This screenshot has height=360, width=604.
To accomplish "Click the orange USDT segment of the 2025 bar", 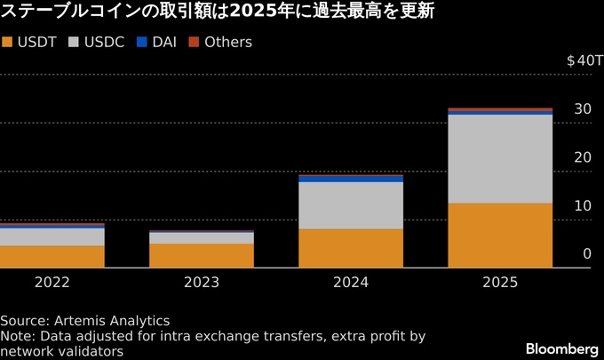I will [500, 235].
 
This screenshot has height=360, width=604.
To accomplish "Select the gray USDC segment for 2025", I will [500, 159].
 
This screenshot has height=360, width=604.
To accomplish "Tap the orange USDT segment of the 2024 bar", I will [351, 247].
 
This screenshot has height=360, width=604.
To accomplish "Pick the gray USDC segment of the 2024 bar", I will [351, 205].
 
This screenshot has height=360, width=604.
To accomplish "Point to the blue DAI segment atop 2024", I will [351, 179].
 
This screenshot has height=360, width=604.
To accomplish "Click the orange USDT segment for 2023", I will [202, 255].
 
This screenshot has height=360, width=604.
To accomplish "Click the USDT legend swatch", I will [8, 42].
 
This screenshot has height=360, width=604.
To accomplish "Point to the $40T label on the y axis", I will [584, 60].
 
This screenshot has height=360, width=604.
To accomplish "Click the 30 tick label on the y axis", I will [583, 109].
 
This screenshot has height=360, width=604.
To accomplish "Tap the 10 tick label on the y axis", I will [583, 205].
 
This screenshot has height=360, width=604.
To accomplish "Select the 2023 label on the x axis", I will [202, 282].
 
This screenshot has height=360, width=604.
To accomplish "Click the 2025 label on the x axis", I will [500, 282].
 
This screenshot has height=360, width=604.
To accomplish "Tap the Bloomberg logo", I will [561, 347].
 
